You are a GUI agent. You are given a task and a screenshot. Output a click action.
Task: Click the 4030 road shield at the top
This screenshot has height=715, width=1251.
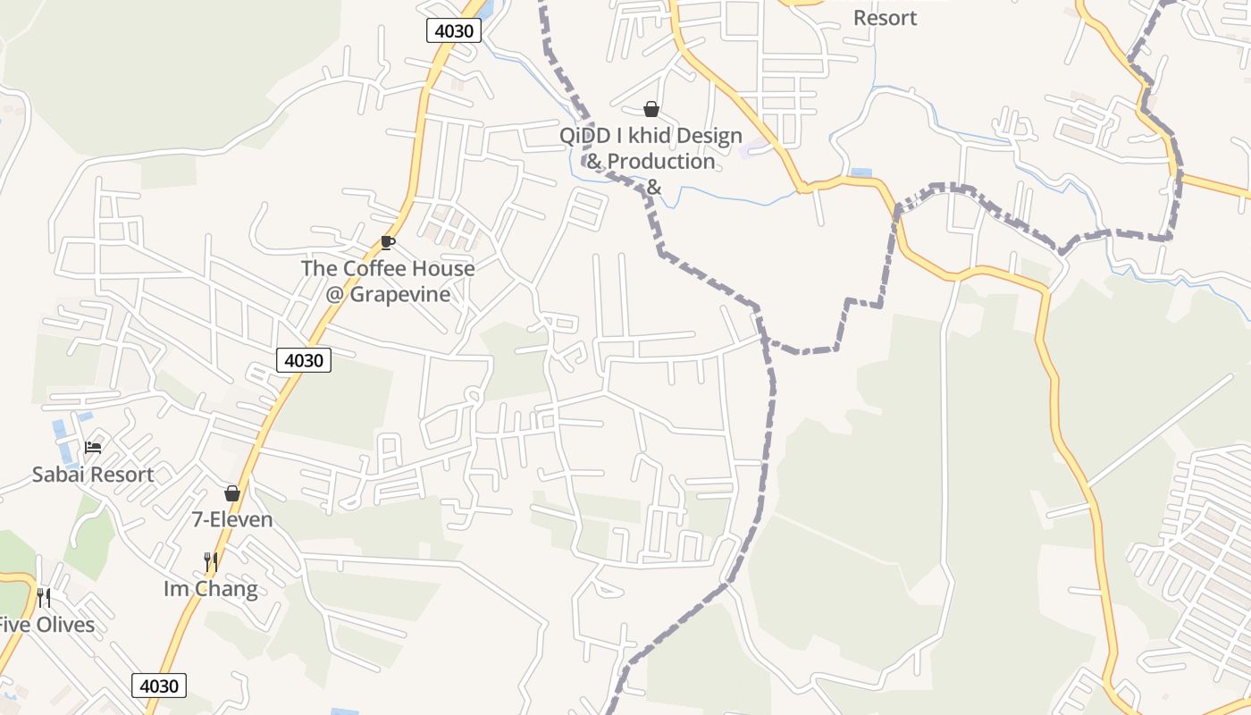(x=454, y=30)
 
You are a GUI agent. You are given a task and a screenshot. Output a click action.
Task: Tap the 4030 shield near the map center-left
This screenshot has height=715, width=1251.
(x=304, y=360)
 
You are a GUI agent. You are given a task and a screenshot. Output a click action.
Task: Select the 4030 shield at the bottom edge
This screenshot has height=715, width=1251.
(x=160, y=686)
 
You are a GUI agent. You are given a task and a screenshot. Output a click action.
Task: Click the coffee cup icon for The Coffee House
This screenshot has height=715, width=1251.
(x=387, y=242)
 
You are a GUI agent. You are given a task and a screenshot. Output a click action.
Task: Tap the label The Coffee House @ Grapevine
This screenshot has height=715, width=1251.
(x=388, y=281)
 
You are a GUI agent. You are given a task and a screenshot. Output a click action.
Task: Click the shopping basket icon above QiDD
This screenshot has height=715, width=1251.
(x=651, y=109)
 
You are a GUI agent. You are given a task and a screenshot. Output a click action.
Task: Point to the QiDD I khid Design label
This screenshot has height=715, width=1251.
(x=651, y=136)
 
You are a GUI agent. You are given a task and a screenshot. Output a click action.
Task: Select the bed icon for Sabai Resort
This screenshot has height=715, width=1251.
(x=93, y=447)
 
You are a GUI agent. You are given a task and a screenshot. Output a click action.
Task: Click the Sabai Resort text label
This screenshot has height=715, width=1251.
(x=93, y=475)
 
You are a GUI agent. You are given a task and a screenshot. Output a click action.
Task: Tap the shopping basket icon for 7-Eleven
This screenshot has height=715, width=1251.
(x=232, y=493)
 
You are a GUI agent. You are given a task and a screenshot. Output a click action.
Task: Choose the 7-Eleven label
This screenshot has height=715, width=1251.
(x=232, y=519)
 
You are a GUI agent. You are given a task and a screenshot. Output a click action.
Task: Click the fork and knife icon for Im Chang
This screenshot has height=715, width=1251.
(x=211, y=561)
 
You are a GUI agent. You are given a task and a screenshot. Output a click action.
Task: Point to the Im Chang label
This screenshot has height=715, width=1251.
(x=211, y=589)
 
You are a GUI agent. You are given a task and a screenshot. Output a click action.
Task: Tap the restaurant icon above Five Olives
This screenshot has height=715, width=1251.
(x=44, y=597)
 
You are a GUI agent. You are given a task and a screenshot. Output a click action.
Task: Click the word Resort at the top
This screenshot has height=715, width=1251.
(x=885, y=18)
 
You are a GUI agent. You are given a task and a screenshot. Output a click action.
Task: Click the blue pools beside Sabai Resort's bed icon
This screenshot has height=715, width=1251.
(x=61, y=434)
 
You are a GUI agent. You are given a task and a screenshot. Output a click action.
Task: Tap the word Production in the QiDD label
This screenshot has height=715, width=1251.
(x=661, y=162)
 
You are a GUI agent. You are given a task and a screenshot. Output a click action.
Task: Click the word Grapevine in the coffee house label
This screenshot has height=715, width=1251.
(x=400, y=294)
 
